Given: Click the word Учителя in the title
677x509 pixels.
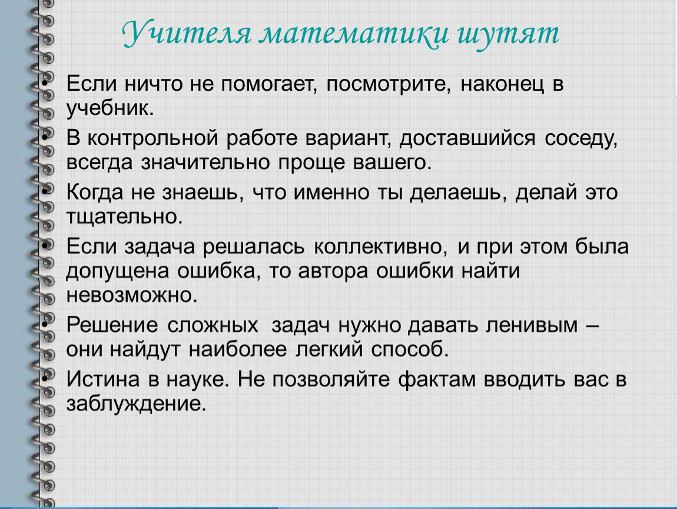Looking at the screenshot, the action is pos(187,33).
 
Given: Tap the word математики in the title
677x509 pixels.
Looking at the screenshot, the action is pos(354,34).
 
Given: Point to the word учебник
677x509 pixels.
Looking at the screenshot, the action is pos(109,108).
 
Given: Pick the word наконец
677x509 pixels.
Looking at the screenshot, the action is pos(502,84).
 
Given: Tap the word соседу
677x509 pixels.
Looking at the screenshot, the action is pos(581,139).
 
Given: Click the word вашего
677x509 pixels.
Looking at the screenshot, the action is pos(392,163).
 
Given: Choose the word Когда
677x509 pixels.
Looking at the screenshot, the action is pos(95,193).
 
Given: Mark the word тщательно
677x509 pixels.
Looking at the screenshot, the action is pos(124,217).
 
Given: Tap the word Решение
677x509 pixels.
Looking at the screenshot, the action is pos(112,325).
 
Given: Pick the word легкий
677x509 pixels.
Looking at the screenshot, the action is pos(329,349).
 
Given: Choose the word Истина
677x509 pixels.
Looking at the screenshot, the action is pos(103,379).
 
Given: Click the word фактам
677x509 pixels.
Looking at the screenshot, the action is pos(436,380).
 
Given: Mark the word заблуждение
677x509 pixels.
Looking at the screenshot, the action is pos(136,404).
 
